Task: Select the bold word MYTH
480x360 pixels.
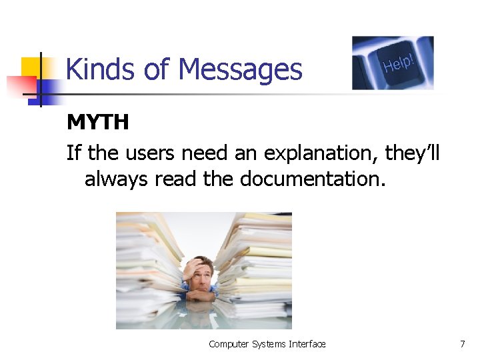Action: [x=97, y=123]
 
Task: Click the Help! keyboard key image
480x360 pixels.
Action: [x=393, y=63]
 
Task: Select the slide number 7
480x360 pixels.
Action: [x=462, y=344]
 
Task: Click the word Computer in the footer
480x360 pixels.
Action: [x=228, y=344]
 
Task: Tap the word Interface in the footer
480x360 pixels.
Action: [x=307, y=344]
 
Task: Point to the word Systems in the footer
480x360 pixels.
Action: [x=269, y=344]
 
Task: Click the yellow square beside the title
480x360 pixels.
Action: [x=32, y=67]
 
